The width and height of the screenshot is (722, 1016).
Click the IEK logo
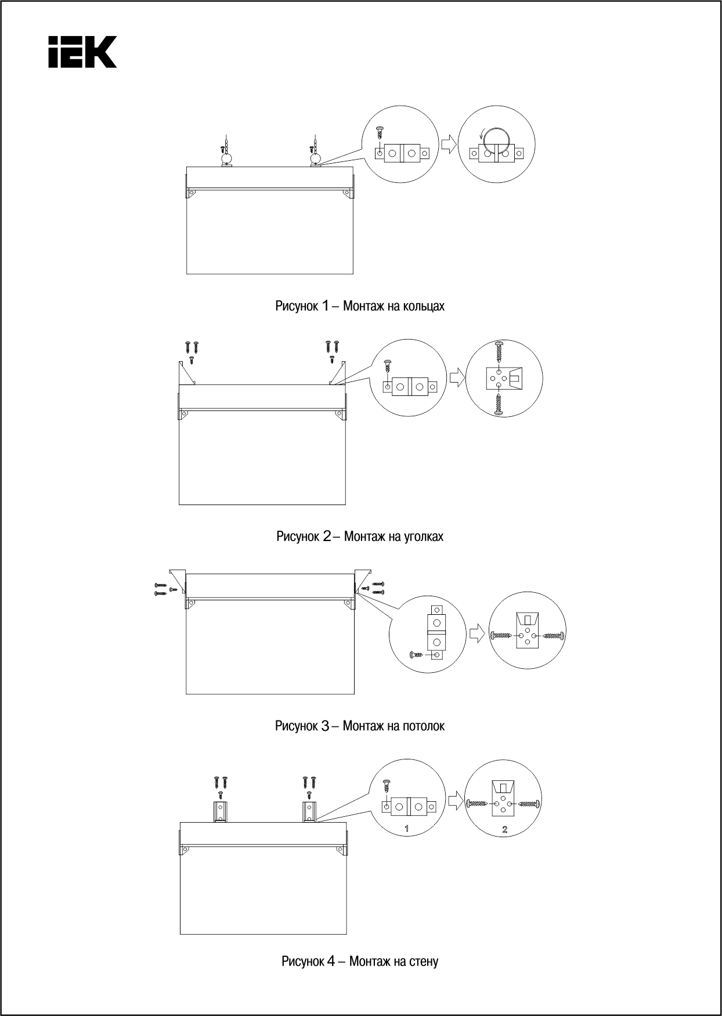click(82, 52)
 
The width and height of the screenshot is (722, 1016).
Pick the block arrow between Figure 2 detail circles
click(457, 378)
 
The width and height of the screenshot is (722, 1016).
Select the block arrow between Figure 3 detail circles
click(476, 633)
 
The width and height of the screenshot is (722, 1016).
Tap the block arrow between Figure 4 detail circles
click(456, 803)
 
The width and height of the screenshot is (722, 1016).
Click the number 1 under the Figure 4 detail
click(407, 830)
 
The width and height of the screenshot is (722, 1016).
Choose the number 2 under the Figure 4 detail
click(505, 830)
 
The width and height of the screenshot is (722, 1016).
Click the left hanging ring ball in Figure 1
click(226, 157)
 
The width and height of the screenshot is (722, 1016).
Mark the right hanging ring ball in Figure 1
click(315, 157)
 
